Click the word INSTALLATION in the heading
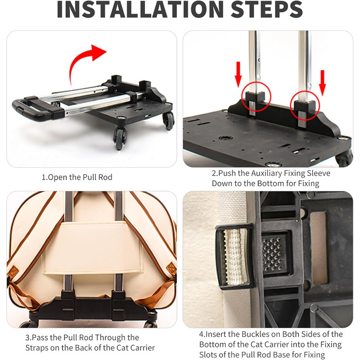coord(140,9)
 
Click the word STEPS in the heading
coord(266,9)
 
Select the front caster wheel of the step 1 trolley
coord(120,137)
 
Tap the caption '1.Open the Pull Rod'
coord(77,177)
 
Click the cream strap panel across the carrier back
coord(93,248)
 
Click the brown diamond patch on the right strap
coord(171,269)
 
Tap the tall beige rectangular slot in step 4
coord(318,247)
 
